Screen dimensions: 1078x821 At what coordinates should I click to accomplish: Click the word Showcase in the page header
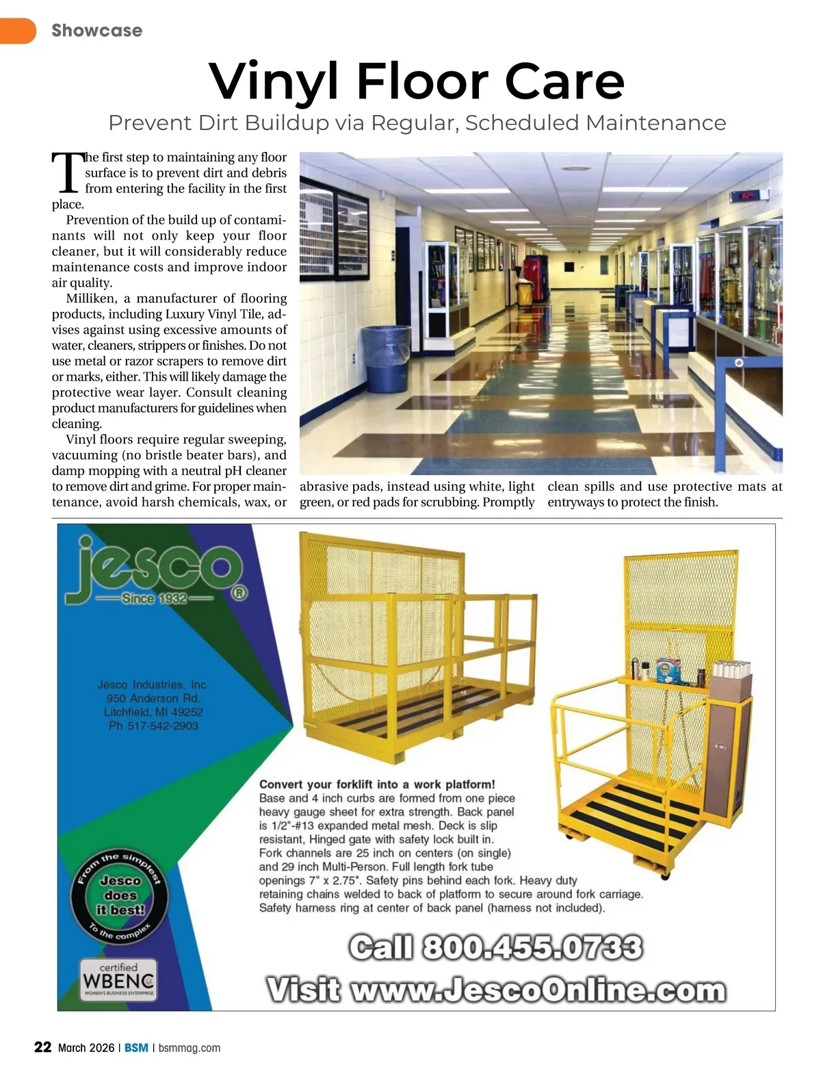pos(96,30)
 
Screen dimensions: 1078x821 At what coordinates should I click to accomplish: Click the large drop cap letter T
pos(67,172)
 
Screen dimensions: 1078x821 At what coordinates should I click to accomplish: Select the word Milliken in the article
pos(92,298)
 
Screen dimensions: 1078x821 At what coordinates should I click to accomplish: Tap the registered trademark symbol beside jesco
pos(239,593)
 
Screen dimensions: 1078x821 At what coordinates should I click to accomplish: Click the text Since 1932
pos(155,599)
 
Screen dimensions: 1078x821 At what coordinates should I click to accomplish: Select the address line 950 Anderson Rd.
pos(153,698)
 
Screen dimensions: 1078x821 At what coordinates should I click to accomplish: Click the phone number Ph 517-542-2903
pos(153,726)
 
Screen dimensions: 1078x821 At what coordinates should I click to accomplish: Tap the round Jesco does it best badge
pos(120,896)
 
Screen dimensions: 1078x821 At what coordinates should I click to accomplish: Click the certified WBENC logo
pos(118,981)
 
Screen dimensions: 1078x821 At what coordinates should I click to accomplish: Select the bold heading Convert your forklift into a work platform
pos(377,784)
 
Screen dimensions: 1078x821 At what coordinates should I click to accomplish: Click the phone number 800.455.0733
pos(532,949)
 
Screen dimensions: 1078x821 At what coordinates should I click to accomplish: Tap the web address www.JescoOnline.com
pos(537,990)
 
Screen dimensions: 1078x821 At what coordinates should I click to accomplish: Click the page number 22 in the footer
pos(43,1047)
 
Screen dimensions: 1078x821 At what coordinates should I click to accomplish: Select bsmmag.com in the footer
pos(190,1048)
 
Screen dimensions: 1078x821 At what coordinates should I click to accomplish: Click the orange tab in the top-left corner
pos(17,30)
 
